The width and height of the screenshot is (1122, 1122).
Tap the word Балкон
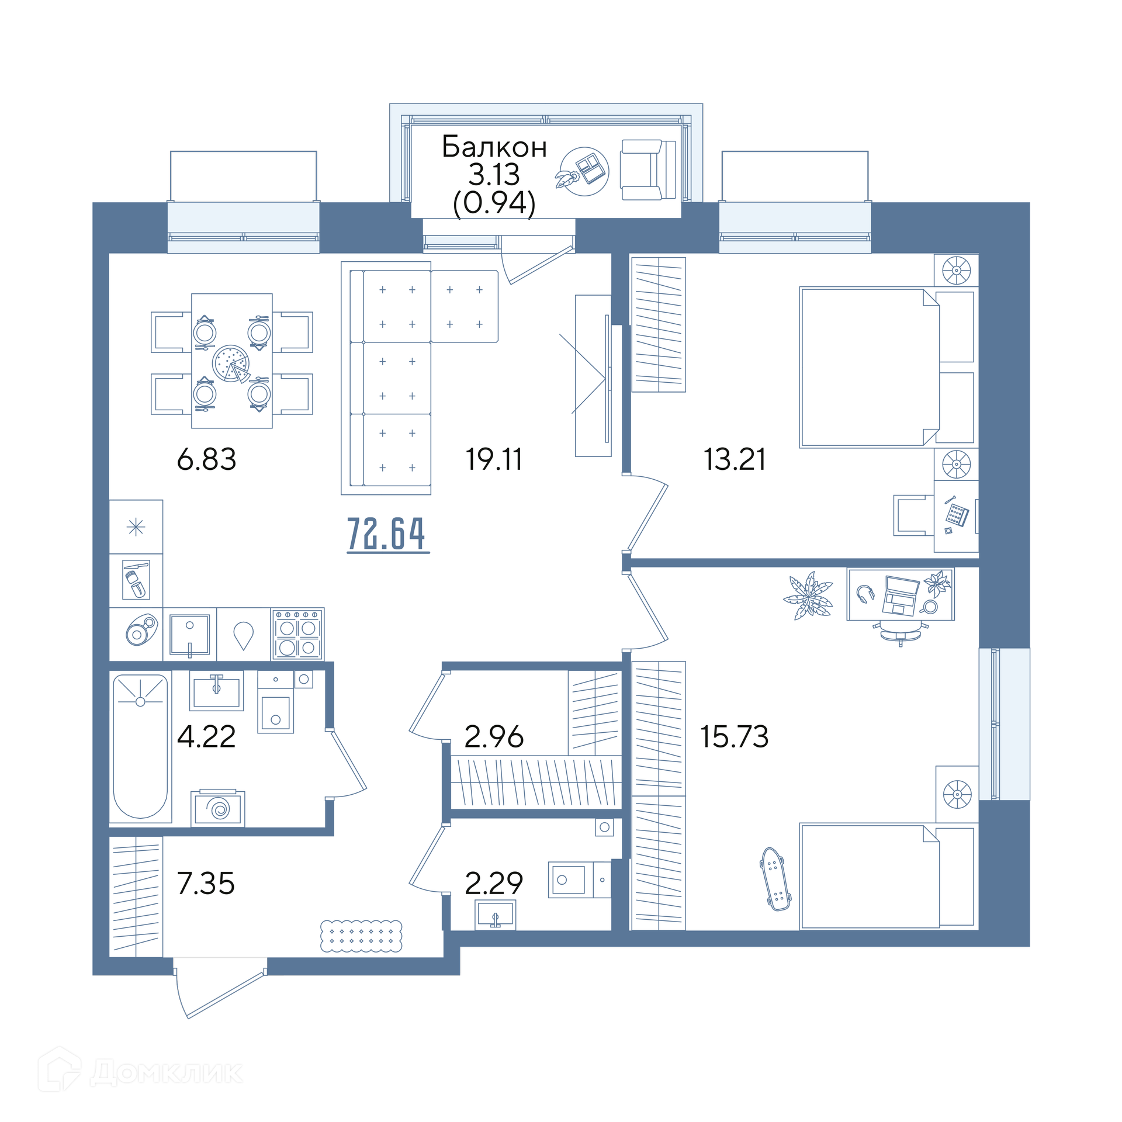[494, 147]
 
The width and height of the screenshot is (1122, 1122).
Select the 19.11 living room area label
[494, 459]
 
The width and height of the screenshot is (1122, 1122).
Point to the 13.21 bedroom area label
[735, 459]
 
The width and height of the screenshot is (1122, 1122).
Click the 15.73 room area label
[735, 736]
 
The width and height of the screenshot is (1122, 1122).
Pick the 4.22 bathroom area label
[206, 736]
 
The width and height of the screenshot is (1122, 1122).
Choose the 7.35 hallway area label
[206, 883]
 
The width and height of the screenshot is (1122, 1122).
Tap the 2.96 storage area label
[494, 736]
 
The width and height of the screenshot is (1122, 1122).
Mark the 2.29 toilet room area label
[494, 883]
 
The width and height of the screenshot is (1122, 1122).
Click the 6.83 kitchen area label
[206, 459]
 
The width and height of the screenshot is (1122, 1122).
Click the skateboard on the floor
[775, 879]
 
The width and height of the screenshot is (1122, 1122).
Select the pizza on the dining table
[231, 363]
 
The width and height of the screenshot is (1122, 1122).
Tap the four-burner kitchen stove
[297, 635]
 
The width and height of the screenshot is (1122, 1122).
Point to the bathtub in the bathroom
[140, 746]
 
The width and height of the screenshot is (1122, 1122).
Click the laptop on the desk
[901, 595]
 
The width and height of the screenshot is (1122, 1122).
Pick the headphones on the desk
[865, 594]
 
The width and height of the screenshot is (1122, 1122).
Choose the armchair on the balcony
[648, 170]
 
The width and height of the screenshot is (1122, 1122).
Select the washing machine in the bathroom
[218, 808]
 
